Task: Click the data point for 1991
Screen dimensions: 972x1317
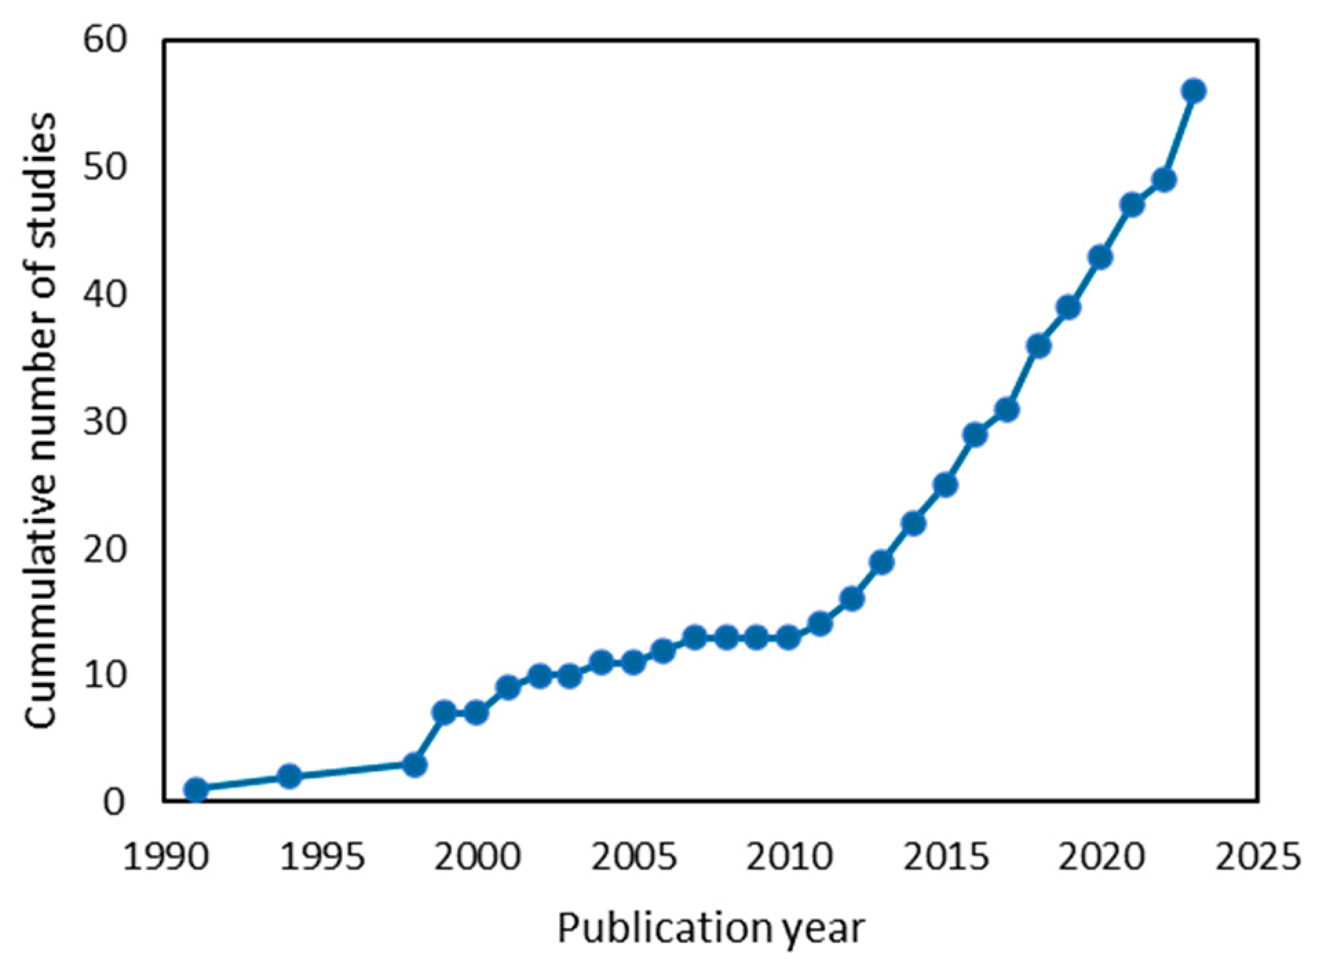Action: (196, 789)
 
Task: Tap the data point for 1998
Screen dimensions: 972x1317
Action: (414, 764)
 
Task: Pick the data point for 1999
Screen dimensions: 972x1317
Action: (445, 712)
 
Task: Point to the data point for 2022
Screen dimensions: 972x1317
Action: (1163, 180)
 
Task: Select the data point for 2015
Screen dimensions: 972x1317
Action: (945, 485)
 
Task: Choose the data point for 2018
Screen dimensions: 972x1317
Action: (1038, 346)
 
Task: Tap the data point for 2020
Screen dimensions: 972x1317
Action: (1100, 257)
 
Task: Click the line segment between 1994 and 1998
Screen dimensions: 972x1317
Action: (351, 770)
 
